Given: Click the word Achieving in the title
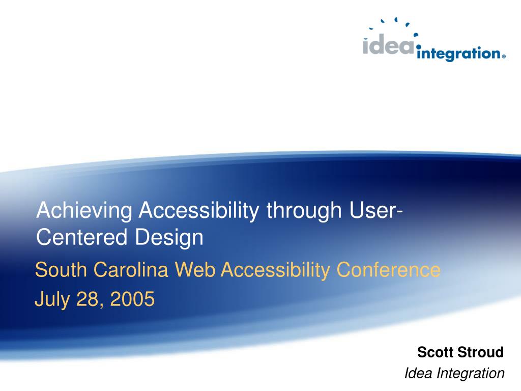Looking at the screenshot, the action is click(84, 211).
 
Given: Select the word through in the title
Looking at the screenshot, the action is click(304, 211).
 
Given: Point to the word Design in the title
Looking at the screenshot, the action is click(169, 238).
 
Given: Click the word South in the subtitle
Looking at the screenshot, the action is click(61, 270).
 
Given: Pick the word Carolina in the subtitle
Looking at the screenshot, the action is click(131, 270).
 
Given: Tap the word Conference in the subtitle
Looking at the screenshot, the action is click(388, 270).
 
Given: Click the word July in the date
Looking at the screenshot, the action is click(52, 299).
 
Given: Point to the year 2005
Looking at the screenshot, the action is click(132, 298).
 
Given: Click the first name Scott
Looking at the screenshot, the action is click(435, 352).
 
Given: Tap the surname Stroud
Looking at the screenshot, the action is click(479, 352).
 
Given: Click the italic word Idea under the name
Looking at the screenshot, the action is click(419, 373).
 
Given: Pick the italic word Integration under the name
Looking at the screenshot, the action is click(471, 374).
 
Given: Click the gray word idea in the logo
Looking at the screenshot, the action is click(388, 45).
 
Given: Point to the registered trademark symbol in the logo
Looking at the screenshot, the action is click(504, 57).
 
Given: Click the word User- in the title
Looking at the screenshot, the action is click(376, 211).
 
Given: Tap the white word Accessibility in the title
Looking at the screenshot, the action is click(199, 211).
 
